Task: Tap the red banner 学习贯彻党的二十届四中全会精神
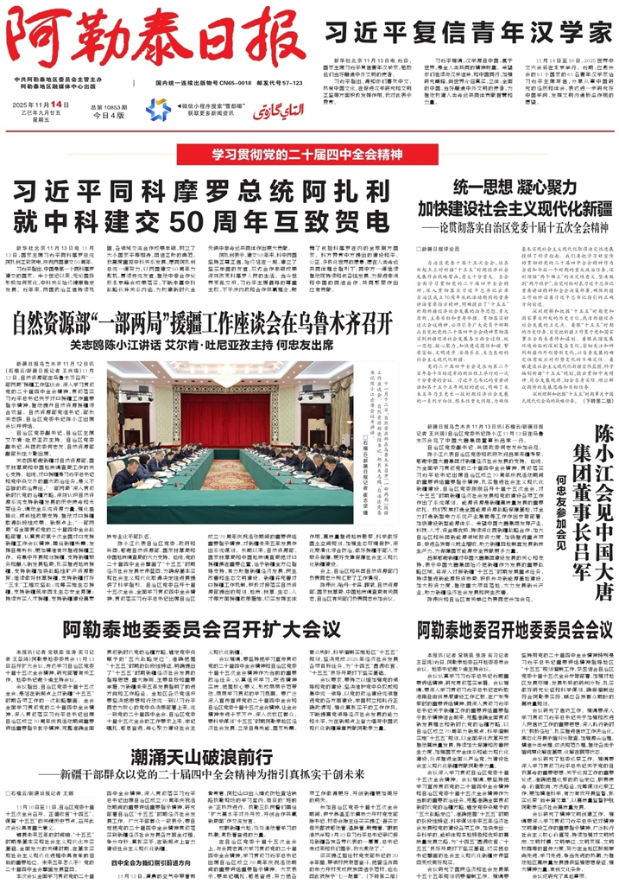[x=309, y=156]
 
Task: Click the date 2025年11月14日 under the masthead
[x=47, y=104]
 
